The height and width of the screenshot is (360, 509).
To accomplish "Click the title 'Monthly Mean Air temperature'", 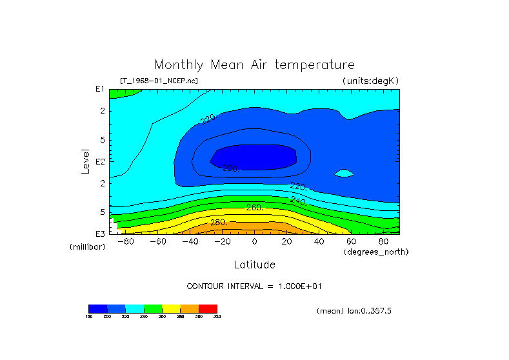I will pyautogui.click(x=254, y=65).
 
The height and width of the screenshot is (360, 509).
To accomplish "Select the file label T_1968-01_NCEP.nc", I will pyautogui.click(x=159, y=81).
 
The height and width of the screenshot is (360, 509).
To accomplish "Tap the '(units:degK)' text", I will pyautogui.click(x=371, y=81).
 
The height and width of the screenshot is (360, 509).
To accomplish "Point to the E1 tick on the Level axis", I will pyautogui.click(x=100, y=89).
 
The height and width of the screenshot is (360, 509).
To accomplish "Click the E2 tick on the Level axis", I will pyautogui.click(x=100, y=161).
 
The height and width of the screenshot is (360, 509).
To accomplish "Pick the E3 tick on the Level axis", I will pyautogui.click(x=100, y=234).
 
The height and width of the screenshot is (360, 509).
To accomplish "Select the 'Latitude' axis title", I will pyautogui.click(x=254, y=265).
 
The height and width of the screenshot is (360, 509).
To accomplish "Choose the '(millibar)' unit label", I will pyautogui.click(x=87, y=247).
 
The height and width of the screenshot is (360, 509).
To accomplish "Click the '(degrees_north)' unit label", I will pyautogui.click(x=376, y=252).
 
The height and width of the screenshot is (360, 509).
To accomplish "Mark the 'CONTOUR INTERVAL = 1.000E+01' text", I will pyautogui.click(x=254, y=286).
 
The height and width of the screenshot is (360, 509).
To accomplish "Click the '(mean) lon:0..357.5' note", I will pyautogui.click(x=354, y=311).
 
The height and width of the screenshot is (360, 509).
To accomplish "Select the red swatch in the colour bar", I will pyautogui.click(x=208, y=308).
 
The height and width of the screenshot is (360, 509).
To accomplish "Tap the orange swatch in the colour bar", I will pyautogui.click(x=190, y=308).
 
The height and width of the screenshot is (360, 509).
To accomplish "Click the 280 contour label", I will pyautogui.click(x=219, y=223).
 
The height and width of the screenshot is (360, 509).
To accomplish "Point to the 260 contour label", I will pyautogui.click(x=255, y=208).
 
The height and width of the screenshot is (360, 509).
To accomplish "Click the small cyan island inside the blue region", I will pyautogui.click(x=345, y=173).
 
